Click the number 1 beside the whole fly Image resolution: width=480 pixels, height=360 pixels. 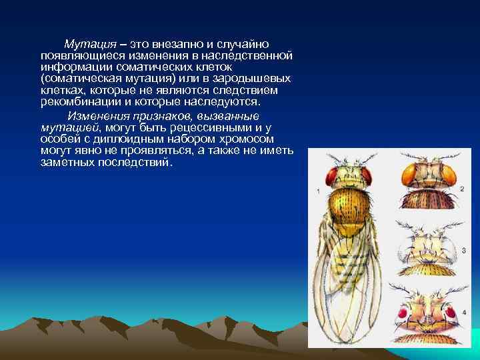tap(319, 192)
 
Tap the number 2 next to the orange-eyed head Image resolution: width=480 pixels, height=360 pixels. tap(462, 189)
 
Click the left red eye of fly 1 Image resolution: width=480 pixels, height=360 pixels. tap(331, 175)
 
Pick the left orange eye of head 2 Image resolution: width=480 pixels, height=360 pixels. tap(408, 175)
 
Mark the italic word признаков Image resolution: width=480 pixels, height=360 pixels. tap(153, 115)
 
